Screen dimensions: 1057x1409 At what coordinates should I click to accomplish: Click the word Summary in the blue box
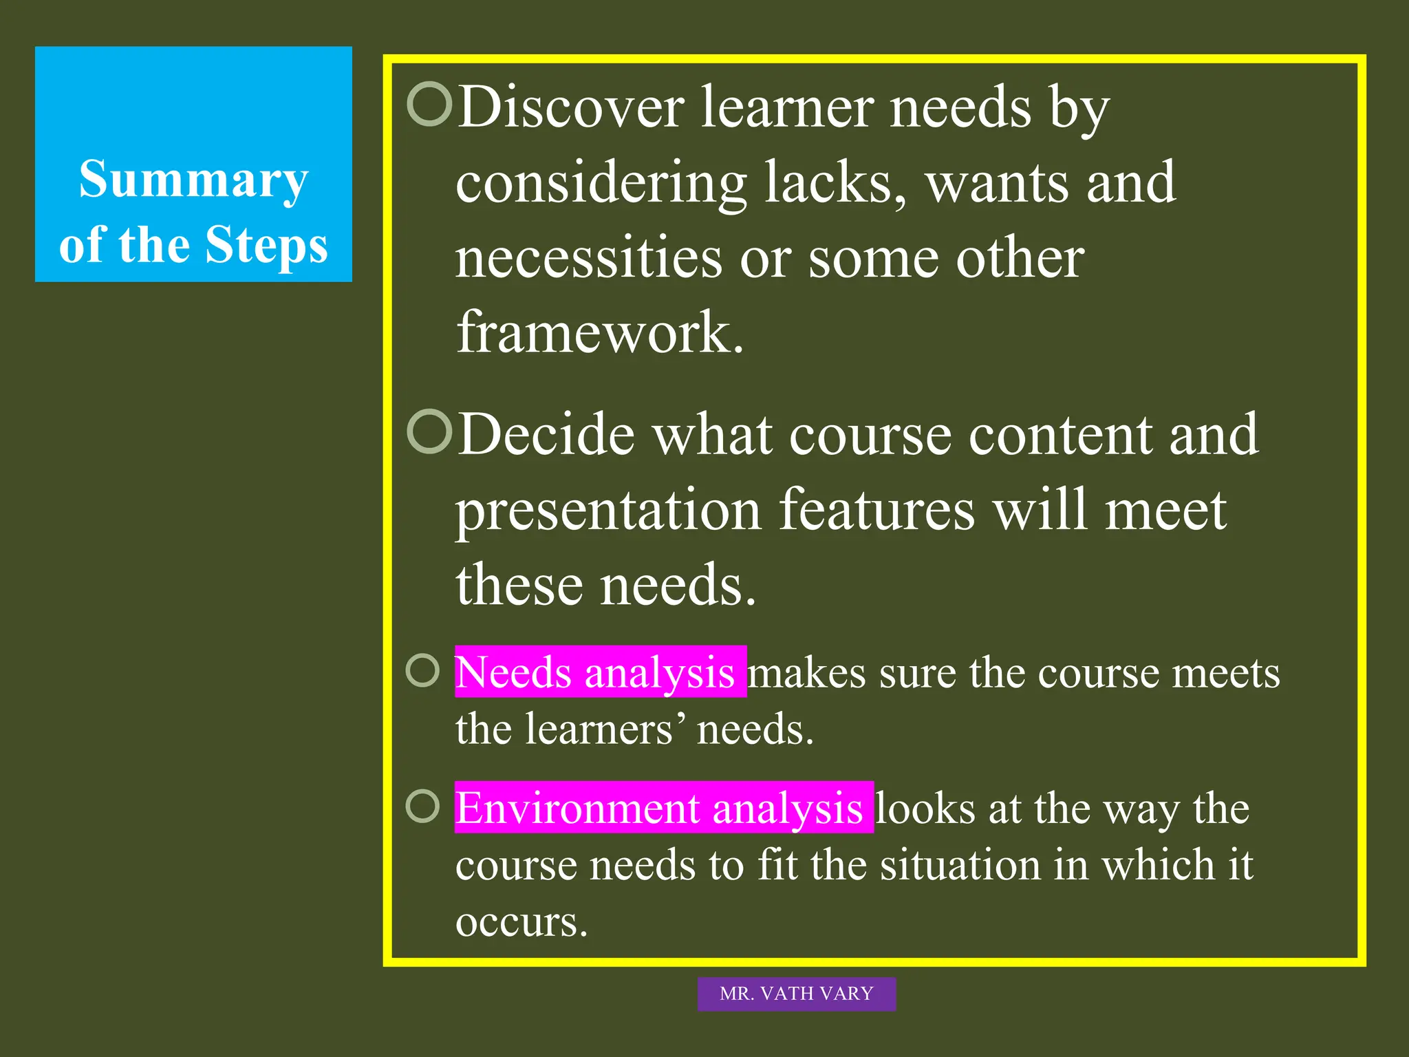coord(193,180)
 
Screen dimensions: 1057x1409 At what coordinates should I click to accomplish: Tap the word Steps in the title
coord(267,245)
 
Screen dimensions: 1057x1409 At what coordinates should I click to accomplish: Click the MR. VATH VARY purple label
coord(796,994)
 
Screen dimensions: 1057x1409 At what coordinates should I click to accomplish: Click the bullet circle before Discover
coord(429,104)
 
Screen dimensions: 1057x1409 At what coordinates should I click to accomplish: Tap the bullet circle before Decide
coord(429,431)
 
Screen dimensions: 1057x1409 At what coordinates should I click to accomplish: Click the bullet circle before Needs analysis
coord(422,670)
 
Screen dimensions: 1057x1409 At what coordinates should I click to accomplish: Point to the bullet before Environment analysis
coord(422,806)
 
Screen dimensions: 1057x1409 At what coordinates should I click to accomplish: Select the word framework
coord(599,332)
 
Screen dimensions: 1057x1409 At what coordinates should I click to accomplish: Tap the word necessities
coord(589,257)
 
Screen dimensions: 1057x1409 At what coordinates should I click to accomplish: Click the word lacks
coord(835,182)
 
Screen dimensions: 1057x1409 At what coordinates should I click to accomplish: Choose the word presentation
coord(608,511)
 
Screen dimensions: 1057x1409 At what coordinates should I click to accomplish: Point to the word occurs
coord(521,921)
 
